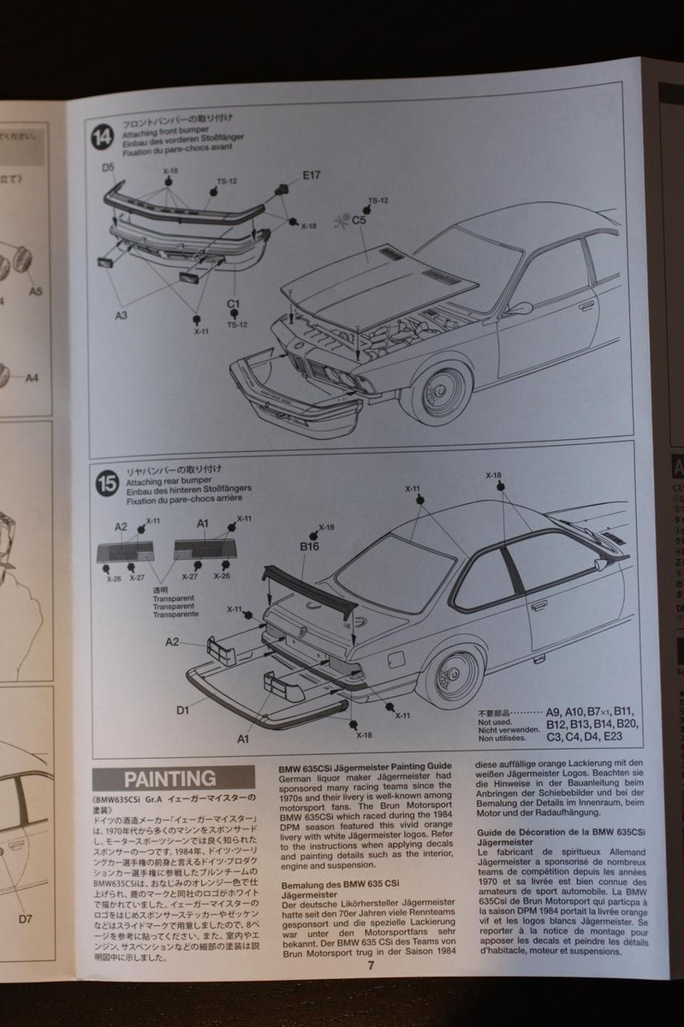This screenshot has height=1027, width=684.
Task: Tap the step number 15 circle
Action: pyautogui.click(x=105, y=483)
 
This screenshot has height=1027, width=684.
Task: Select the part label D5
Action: pyautogui.click(x=108, y=168)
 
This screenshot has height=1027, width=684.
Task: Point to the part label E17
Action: pyautogui.click(x=311, y=175)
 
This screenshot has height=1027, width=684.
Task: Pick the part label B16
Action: pyautogui.click(x=308, y=545)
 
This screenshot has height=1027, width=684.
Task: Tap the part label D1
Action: pyautogui.click(x=182, y=709)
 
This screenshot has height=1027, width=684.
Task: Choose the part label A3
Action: pyautogui.click(x=122, y=315)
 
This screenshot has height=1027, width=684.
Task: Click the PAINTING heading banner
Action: pyautogui.click(x=170, y=779)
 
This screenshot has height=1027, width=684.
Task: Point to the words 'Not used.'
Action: pyautogui.click(x=496, y=721)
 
